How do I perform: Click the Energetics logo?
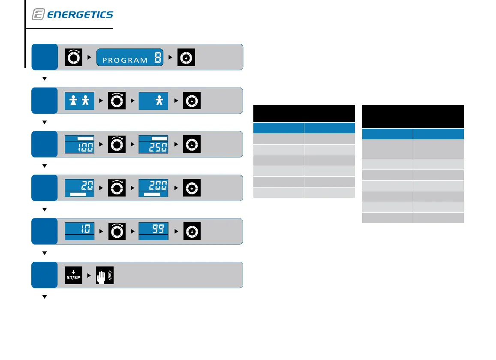coord(72,15)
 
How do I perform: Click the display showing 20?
coord(79,188)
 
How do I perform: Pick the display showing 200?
coord(153,188)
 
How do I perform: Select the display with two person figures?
coord(79,101)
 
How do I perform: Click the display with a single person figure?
coord(153,101)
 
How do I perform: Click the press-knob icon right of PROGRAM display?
coord(186,57)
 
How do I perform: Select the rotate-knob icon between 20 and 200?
coord(116,188)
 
